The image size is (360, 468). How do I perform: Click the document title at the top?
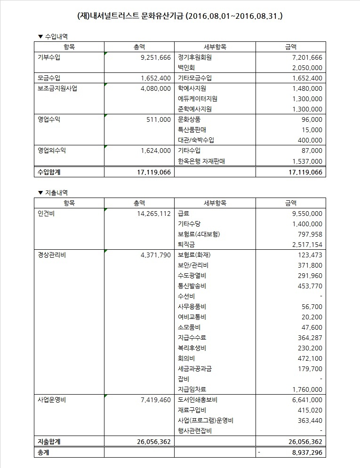(x=180, y=16)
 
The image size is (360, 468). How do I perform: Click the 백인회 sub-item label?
(x=186, y=68)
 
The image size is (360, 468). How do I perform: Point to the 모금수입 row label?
(x=49, y=78)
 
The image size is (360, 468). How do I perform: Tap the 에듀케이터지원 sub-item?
(x=198, y=99)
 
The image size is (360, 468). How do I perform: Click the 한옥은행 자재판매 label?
(x=202, y=161)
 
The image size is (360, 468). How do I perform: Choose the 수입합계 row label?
(x=50, y=172)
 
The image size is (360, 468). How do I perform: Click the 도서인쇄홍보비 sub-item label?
(x=198, y=400)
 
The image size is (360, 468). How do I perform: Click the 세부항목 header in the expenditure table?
(x=215, y=203)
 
